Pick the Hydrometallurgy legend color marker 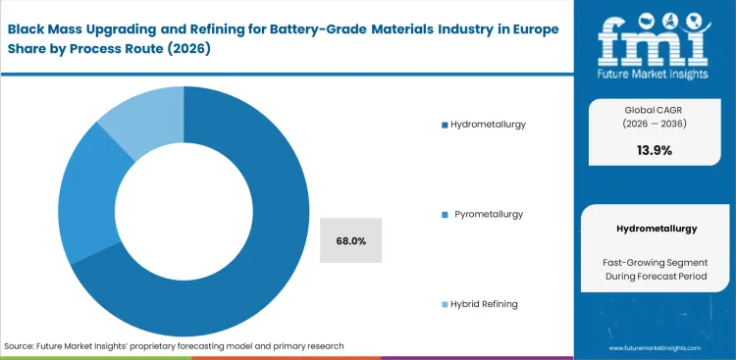click(445, 125)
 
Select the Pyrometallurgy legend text click(489, 214)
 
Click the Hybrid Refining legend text click(486, 304)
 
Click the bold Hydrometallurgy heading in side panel click(656, 228)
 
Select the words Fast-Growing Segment click(656, 262)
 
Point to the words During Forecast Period click(656, 278)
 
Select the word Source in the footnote click(21, 346)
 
